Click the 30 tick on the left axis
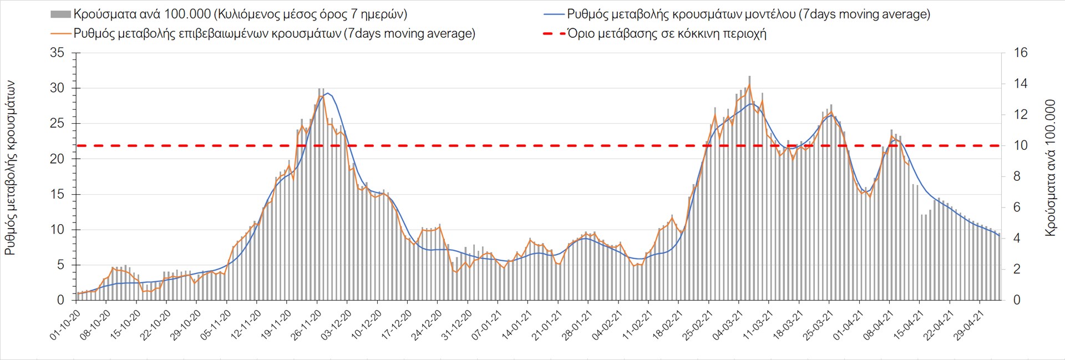pyautogui.click(x=57, y=88)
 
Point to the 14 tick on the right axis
pyautogui.click(x=1021, y=84)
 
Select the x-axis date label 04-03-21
pyautogui.click(x=727, y=325)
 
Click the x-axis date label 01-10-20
pyautogui.click(x=65, y=325)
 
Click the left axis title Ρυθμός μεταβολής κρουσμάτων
pyautogui.click(x=10, y=168)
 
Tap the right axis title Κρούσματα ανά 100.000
pyautogui.click(x=1051, y=168)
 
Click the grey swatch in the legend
pyautogui.click(x=60, y=14)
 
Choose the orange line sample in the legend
pyautogui.click(x=60, y=33)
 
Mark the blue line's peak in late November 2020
pyautogui.click(x=328, y=93)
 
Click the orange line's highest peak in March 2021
pyautogui.click(x=749, y=85)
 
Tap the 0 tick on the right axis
pyautogui.click(x=1017, y=300)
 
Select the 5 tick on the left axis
pyautogui.click(x=60, y=265)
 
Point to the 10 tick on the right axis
pyautogui.click(x=1021, y=145)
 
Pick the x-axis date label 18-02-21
pyautogui.click(x=667, y=325)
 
